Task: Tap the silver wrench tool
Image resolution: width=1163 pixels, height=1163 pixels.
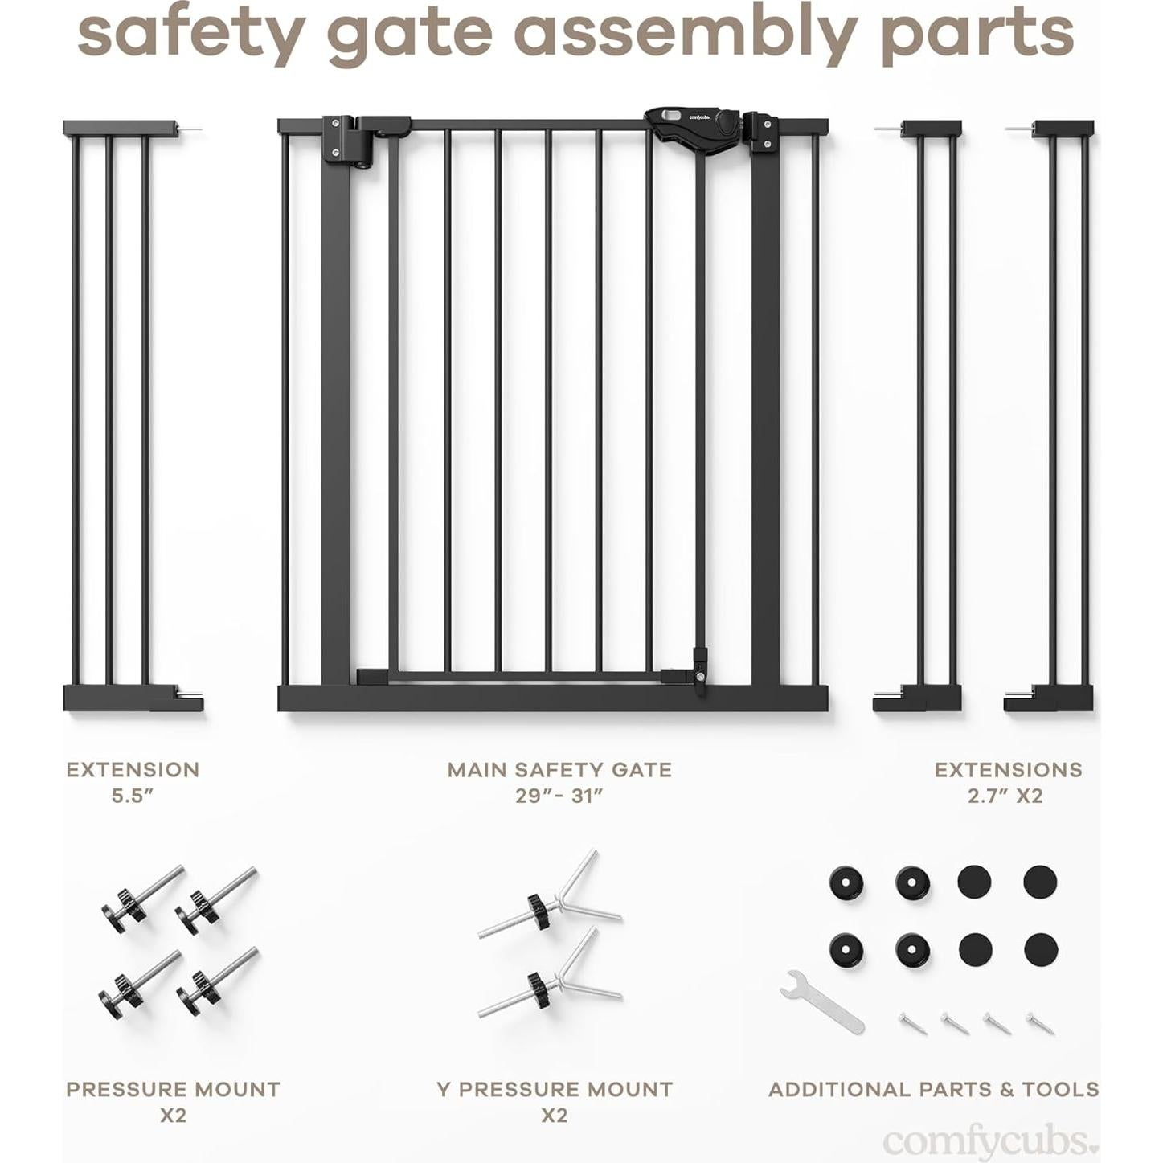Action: click(821, 1001)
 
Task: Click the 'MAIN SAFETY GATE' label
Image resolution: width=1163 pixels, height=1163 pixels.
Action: click(559, 770)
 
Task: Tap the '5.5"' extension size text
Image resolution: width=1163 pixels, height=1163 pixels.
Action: click(133, 796)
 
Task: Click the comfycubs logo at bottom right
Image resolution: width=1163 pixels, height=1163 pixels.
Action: click(989, 1140)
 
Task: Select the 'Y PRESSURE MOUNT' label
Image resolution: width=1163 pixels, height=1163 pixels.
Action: click(555, 1090)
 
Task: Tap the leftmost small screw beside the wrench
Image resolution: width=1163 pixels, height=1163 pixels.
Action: click(913, 1023)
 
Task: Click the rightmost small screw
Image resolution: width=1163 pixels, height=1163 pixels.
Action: click(1040, 1022)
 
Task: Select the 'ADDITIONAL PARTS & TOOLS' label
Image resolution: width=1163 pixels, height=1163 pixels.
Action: click(933, 1090)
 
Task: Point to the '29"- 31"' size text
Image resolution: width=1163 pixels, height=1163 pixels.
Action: click(559, 796)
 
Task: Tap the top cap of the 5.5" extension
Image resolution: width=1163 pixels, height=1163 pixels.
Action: click(120, 129)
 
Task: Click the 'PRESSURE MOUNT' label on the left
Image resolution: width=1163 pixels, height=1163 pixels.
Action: click(173, 1090)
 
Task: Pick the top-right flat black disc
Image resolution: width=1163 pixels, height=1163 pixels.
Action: click(1039, 882)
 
